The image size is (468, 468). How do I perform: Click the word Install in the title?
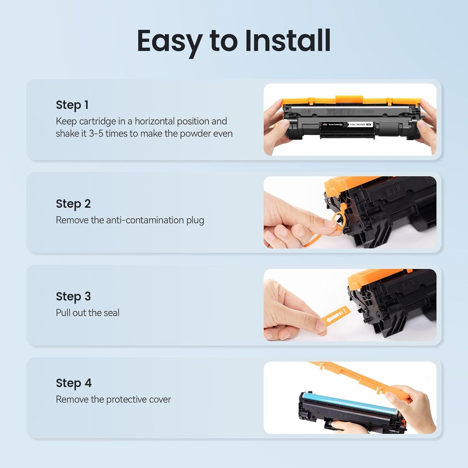coord(288,41)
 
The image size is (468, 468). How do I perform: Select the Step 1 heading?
coord(72,105)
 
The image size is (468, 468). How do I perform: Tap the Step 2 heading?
coord(73,204)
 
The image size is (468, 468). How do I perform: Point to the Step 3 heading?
coord(73,296)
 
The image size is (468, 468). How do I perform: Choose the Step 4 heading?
coord(74,383)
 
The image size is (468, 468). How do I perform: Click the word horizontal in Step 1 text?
coord(154,121)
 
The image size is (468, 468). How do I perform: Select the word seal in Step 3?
coord(111,313)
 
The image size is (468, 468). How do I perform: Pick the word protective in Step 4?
coord(122,400)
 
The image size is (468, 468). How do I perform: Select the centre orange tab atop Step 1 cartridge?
coord(349,99)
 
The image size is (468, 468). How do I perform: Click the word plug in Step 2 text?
coord(195,221)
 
